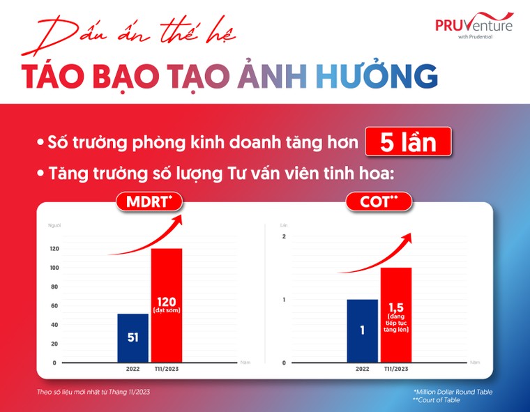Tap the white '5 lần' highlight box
(x=408, y=142)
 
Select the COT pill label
(x=379, y=203)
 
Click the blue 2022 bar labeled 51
(x=132, y=338)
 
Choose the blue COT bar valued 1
(x=362, y=331)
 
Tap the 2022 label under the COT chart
(x=362, y=369)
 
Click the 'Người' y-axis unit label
(x=54, y=225)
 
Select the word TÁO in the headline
(x=54, y=76)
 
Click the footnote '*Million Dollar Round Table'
(x=453, y=392)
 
